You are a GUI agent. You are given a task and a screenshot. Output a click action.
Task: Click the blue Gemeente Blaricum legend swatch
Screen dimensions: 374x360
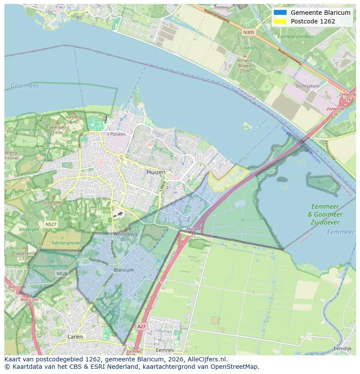click(280, 13)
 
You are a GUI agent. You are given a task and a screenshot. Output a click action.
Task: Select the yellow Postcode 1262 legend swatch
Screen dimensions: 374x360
click(280, 21)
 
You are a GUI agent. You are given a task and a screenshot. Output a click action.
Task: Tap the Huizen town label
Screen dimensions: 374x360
click(156, 172)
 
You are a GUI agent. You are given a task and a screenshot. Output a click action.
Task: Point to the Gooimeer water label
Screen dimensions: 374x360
click(25, 86)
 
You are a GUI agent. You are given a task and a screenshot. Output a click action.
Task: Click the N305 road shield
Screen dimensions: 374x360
click(249, 32)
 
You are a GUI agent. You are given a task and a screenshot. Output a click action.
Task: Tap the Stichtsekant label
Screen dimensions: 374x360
click(307, 86)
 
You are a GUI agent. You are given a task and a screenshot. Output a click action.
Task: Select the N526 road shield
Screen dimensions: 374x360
click(62, 274)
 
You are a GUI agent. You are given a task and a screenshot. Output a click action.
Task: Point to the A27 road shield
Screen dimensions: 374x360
click(141, 326)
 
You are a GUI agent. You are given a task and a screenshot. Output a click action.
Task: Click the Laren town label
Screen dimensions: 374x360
click(75, 337)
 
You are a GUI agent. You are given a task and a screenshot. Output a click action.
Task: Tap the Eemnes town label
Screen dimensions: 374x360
click(165, 350)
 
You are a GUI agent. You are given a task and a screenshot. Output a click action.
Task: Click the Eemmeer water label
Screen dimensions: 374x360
click(340, 232)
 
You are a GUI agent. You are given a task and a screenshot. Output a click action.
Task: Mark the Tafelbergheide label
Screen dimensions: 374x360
click(66, 243)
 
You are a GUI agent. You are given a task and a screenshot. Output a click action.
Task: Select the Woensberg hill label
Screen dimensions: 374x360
click(126, 235)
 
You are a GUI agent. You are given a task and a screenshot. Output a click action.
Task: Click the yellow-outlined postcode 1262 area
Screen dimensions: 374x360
click(228, 179)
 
